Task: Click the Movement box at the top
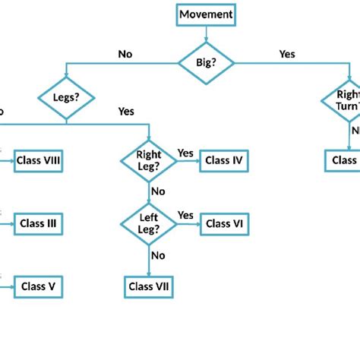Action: click(207, 14)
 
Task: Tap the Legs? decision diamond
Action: click(66, 96)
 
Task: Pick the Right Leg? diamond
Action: click(149, 160)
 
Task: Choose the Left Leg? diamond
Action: click(149, 223)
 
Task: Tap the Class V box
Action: click(38, 287)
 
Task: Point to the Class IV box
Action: click(224, 160)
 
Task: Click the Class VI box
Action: click(224, 223)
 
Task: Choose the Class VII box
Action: click(149, 287)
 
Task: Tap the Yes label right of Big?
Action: click(287, 54)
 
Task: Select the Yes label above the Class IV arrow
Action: click(186, 153)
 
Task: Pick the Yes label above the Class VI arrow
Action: click(186, 216)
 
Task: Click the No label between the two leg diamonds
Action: click(158, 191)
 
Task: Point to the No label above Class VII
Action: click(158, 255)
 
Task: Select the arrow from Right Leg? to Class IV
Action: click(188, 161)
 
